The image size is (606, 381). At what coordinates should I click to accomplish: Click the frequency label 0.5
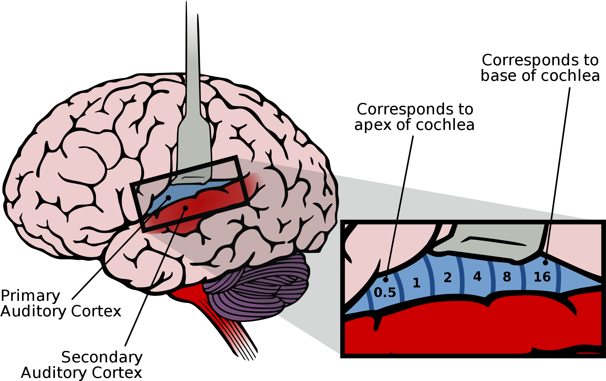[385, 292]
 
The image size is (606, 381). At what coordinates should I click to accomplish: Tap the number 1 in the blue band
[417, 283]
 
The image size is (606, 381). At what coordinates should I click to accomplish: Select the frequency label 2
[447, 278]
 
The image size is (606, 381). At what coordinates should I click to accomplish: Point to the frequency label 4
[477, 276]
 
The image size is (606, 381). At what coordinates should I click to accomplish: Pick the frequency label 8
[507, 277]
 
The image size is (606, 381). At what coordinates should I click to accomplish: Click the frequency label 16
[542, 277]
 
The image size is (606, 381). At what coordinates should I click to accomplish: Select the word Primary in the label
[30, 296]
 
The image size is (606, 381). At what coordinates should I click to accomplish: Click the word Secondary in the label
[102, 357]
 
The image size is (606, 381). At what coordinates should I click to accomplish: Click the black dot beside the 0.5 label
[386, 280]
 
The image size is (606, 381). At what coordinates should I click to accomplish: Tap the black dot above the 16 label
[545, 263]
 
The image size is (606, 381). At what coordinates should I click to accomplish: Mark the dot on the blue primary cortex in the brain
[168, 198]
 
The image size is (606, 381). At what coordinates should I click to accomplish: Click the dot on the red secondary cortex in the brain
[185, 208]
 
